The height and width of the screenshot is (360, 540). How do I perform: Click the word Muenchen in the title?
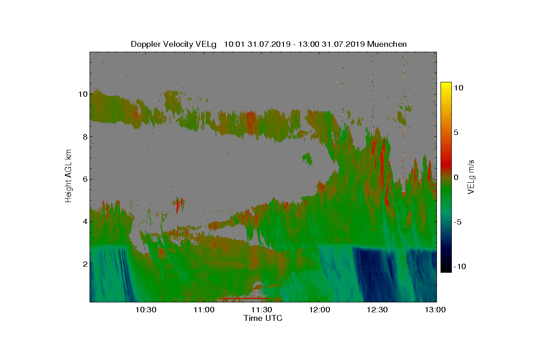pos(387,44)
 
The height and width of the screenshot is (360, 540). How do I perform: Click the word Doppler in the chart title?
pos(146,45)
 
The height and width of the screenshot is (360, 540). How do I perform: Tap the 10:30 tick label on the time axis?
pos(146,310)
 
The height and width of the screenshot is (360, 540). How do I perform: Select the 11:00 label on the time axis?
pos(204,310)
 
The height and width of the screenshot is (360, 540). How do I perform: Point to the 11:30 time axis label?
pos(261,310)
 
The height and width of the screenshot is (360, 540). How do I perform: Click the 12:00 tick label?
pos(319,310)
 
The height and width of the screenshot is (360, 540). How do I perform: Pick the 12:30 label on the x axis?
pos(377,310)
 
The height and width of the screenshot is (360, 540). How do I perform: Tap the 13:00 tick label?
pos(435,310)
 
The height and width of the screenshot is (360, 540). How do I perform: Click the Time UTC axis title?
pos(263,318)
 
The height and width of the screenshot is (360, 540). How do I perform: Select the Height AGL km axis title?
pos(68,176)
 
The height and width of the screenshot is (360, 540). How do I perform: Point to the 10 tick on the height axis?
pos(83,94)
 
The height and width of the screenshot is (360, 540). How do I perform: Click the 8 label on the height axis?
pos(85,137)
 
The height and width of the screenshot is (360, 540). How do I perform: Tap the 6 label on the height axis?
pos(85,179)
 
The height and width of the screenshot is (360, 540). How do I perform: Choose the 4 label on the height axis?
pos(85,221)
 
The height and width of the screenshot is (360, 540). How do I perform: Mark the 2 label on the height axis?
pos(85,264)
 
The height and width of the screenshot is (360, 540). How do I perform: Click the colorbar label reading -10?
pos(460,266)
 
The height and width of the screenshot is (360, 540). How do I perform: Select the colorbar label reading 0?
pos(456,177)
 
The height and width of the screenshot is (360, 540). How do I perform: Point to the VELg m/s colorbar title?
pos(471,177)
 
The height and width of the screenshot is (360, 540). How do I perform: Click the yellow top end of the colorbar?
pos(446,83)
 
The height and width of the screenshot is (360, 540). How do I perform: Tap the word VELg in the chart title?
pos(206,45)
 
